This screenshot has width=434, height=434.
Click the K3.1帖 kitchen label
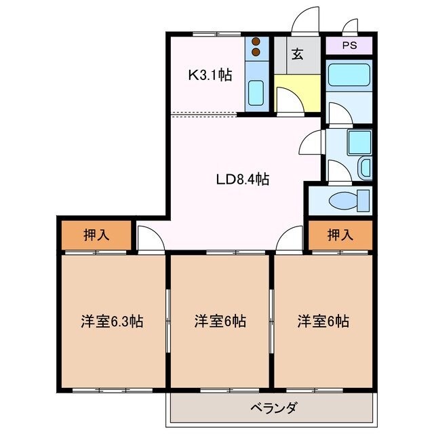210,75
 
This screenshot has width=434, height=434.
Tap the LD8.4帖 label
242,180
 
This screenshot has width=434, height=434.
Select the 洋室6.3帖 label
113,321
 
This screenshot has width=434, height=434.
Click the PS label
349,46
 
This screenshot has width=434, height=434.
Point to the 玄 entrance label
298,55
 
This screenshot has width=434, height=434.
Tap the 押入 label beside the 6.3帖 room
95,235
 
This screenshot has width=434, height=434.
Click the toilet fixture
349,200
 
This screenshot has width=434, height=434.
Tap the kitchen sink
256,92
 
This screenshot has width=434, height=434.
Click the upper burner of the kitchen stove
256,41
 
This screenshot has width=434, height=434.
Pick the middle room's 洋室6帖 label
220,321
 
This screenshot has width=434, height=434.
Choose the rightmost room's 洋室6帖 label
323,321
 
